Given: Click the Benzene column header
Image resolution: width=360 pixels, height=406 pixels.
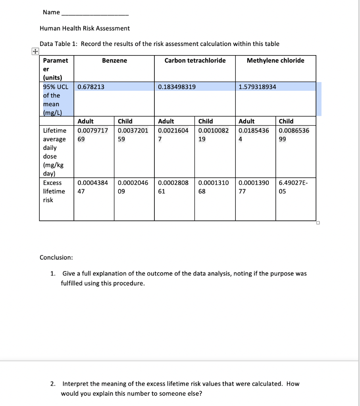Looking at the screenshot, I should coord(114,60).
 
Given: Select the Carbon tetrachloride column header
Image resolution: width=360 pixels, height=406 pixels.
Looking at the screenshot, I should coord(195,60).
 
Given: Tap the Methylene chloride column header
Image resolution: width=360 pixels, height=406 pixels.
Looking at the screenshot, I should coord(275,60).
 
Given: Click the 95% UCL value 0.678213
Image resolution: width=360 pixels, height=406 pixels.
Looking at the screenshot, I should coord(91,87).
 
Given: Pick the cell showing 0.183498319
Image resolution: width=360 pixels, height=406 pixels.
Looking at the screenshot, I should coord(177,87).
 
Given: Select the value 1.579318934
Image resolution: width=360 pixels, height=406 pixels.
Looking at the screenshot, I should coord(258,87).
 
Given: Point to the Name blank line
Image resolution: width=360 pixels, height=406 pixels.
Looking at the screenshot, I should coord(94,13).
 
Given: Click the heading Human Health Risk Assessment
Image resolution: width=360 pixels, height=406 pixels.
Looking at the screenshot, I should coord(85,28).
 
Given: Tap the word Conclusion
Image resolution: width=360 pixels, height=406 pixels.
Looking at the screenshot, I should coord(56,257).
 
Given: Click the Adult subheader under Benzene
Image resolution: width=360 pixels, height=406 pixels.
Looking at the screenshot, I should coord(86,121).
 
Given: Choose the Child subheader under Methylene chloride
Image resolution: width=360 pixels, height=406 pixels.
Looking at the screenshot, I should coord(286,121).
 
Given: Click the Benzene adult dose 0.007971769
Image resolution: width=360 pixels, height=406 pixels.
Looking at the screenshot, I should coord(92,135).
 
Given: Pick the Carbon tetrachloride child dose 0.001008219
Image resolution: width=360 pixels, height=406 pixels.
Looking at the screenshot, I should coord(214,135).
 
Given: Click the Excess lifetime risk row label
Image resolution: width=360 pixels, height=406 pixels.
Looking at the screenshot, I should coord(54,191).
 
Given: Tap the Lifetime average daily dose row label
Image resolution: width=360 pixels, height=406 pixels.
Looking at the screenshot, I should coord(55,152).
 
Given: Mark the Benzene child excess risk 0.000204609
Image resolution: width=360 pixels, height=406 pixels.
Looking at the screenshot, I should coord(133,187).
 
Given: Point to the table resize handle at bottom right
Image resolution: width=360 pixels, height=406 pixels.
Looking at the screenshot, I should coord(318,223).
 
